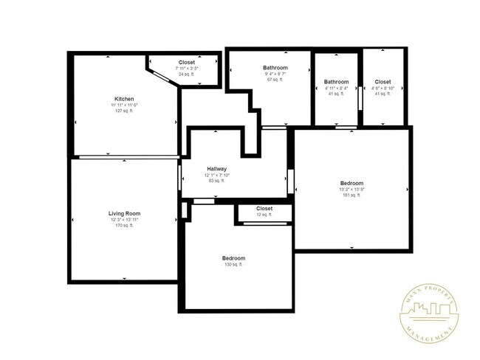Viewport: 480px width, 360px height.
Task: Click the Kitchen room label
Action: (x=124, y=99)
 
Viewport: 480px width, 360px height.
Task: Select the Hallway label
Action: (x=216, y=168)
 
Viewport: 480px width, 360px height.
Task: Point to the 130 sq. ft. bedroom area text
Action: (x=233, y=264)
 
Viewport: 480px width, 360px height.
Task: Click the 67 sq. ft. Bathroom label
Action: (x=275, y=68)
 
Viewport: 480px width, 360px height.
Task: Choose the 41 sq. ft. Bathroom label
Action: (x=336, y=82)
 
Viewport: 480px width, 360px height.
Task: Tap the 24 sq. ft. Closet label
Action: (x=187, y=63)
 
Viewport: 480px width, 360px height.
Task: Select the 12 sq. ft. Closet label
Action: (x=264, y=209)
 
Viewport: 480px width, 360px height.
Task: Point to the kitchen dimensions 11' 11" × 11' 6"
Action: (x=124, y=105)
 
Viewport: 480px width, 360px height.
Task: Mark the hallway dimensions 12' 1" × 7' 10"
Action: (x=216, y=175)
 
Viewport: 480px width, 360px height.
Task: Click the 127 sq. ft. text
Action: (x=124, y=111)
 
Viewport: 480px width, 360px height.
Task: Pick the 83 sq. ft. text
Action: (x=216, y=181)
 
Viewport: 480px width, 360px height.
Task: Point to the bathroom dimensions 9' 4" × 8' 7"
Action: (x=275, y=74)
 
